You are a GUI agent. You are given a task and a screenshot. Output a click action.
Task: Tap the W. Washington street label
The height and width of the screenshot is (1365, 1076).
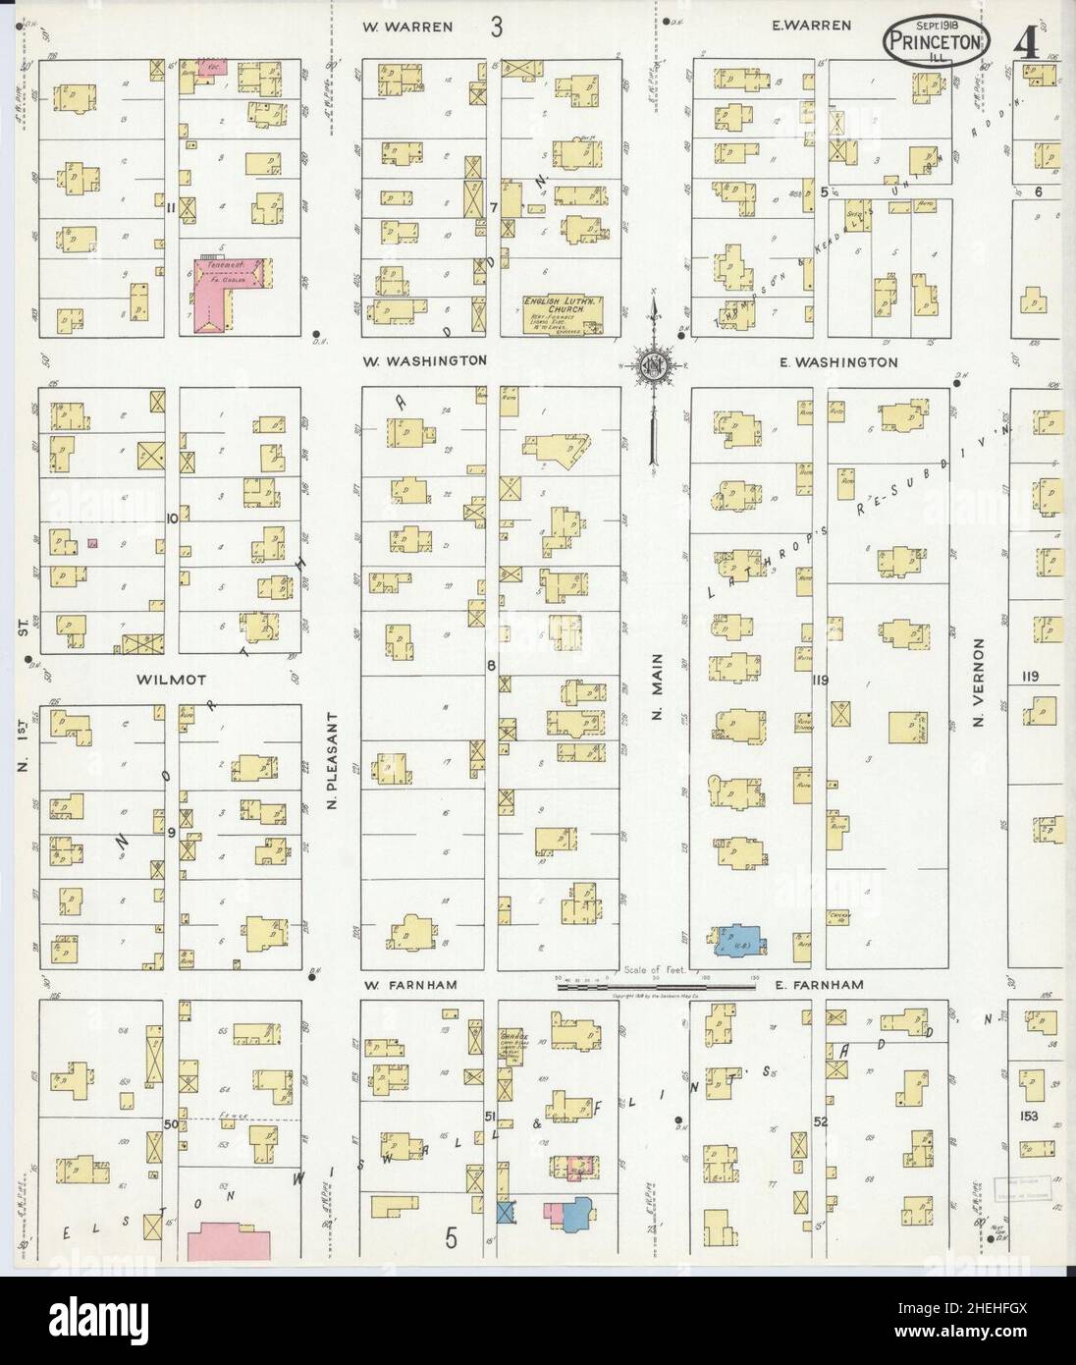pyautogui.click(x=424, y=360)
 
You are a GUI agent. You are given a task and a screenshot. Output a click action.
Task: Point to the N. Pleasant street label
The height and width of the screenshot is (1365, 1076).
pyautogui.click(x=333, y=761)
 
